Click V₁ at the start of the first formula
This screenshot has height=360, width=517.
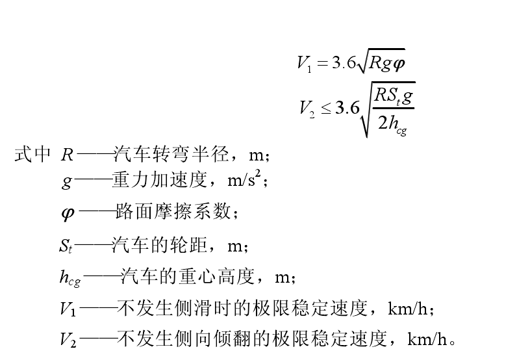pos(304,63)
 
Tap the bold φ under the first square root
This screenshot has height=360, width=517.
pos(397,62)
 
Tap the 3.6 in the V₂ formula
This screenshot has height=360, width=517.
pos(347,108)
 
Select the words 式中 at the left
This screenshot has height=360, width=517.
pos(32,155)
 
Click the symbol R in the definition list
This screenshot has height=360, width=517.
pos(68,155)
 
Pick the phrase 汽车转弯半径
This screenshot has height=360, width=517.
pos(171,155)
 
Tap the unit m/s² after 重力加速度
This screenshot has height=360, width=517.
pos(244,180)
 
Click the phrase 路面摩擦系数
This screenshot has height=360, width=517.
pos(173,211)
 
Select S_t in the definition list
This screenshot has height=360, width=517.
pos(66,246)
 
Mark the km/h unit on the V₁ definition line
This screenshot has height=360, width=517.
pos(407,308)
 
